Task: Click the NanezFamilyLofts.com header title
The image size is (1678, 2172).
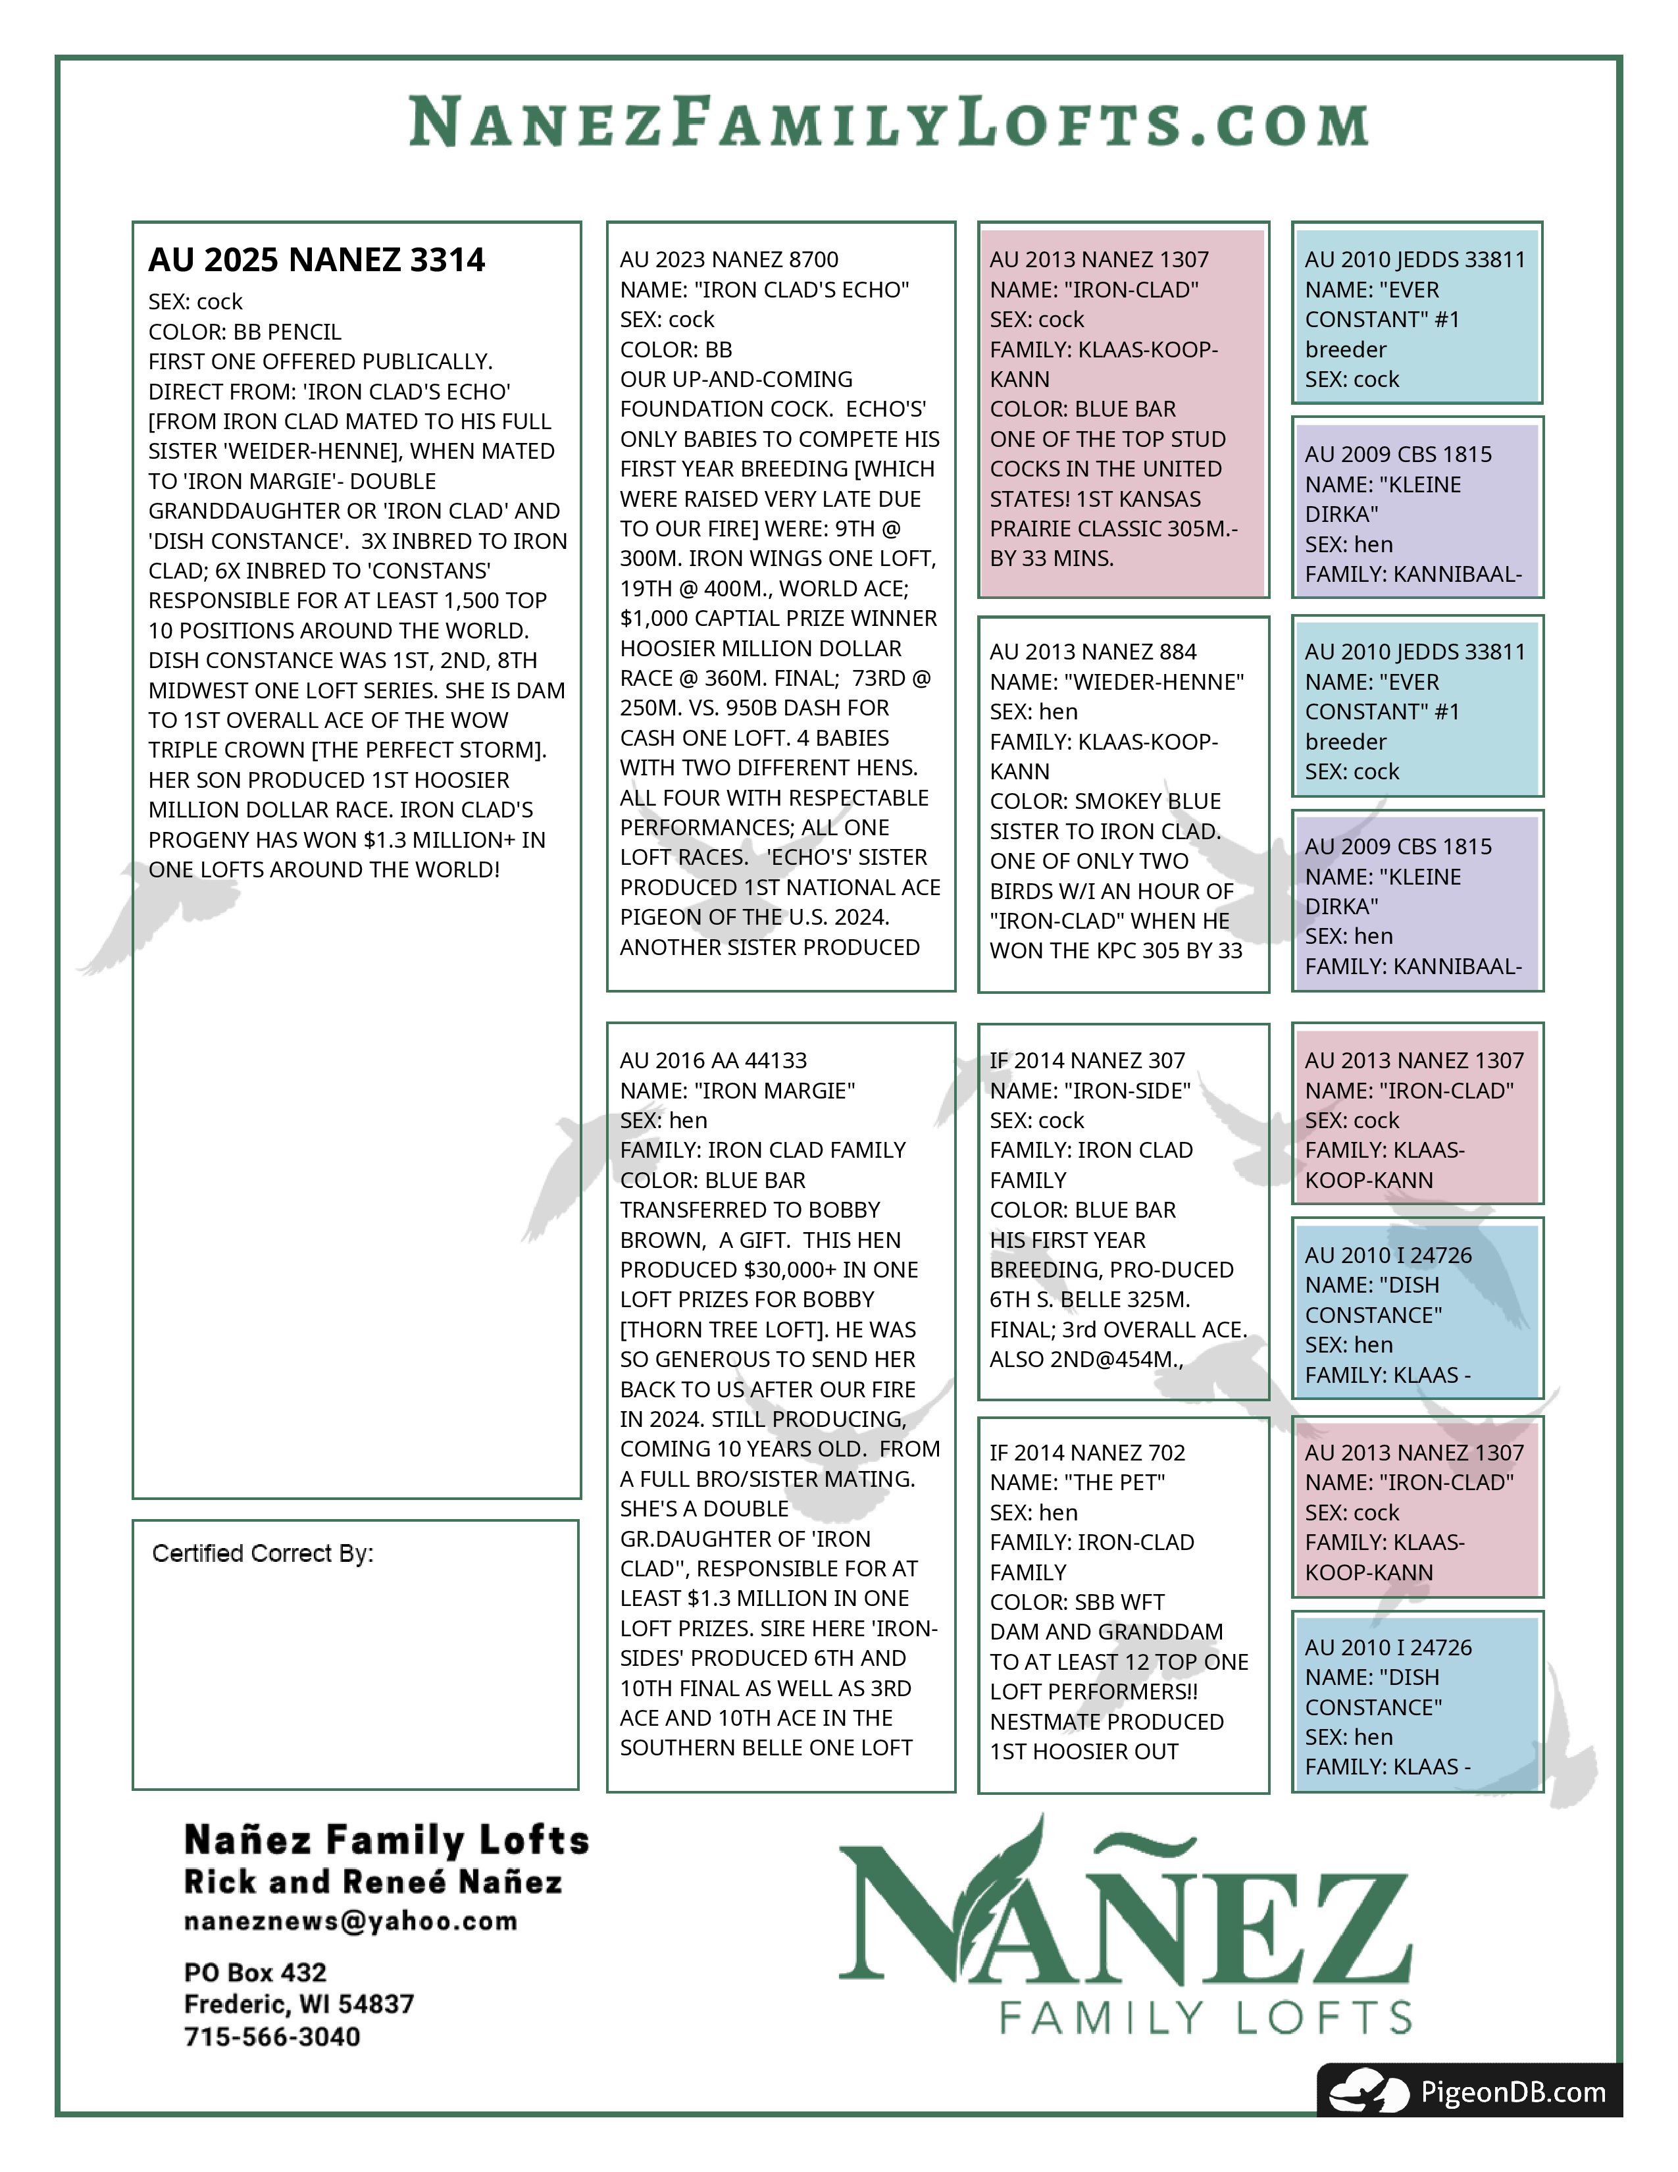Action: pyautogui.click(x=889, y=122)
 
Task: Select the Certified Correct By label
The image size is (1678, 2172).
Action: pyautogui.click(x=263, y=1553)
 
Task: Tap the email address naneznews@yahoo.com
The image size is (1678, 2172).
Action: pyautogui.click(x=351, y=1921)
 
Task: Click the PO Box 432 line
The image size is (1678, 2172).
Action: pyautogui.click(x=255, y=1972)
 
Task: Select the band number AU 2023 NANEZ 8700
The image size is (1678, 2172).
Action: pyautogui.click(x=728, y=259)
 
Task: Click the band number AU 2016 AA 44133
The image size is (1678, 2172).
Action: pyautogui.click(x=713, y=1060)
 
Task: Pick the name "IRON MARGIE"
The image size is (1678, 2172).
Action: pyautogui.click(x=736, y=1091)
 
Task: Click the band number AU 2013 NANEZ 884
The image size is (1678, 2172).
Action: pyautogui.click(x=1092, y=652)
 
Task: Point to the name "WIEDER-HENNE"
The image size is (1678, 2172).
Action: pyautogui.click(x=1116, y=683)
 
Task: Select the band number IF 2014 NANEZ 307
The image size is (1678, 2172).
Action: pyautogui.click(x=1086, y=1060)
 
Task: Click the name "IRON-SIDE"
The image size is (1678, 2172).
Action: pyautogui.click(x=1090, y=1091)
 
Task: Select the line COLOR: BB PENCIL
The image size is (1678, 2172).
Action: pyautogui.click(x=245, y=331)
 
